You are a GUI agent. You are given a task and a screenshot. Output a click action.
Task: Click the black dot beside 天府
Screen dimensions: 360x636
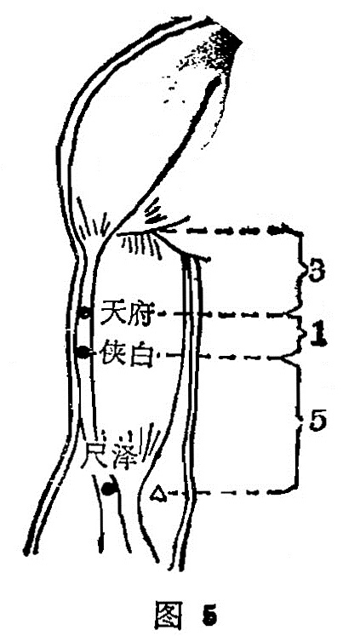pyautogui.click(x=84, y=313)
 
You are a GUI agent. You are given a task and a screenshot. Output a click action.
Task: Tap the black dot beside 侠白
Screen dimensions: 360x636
pyautogui.click(x=83, y=352)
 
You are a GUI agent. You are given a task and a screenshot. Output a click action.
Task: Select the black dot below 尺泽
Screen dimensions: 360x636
pyautogui.click(x=109, y=489)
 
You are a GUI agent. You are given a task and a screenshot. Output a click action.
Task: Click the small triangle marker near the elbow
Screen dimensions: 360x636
pyautogui.click(x=158, y=494)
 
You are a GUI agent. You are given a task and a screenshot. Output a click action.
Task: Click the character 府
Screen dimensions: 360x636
pyautogui.click(x=140, y=312)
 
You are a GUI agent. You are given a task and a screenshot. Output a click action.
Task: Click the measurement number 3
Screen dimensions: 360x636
pyautogui.click(x=316, y=273)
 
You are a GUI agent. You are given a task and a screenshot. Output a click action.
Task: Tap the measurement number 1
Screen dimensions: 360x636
pyautogui.click(x=318, y=336)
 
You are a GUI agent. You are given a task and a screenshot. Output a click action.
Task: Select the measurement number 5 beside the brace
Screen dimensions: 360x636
pyautogui.click(x=317, y=421)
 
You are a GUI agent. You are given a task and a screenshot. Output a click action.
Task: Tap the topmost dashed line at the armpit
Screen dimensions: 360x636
pyautogui.click(x=227, y=232)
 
